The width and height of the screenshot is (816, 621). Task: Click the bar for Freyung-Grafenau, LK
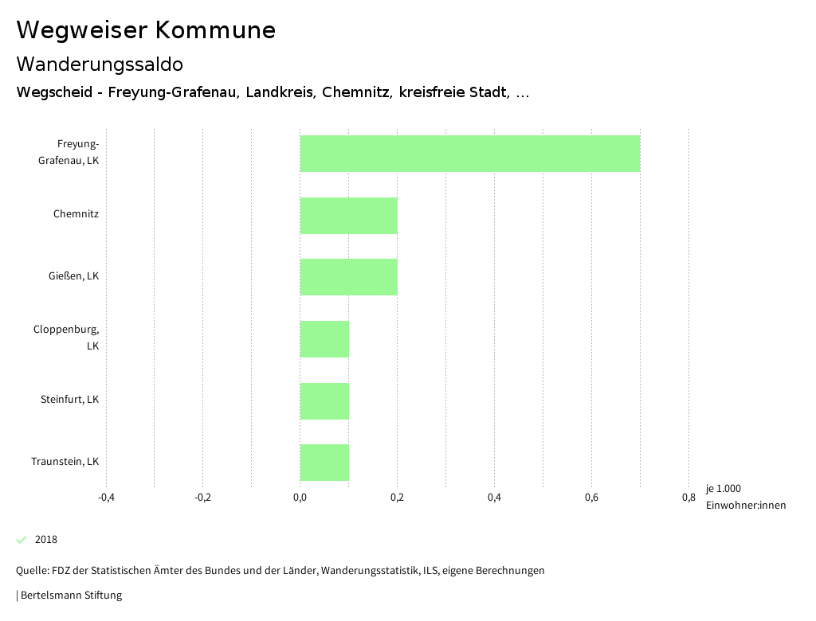coord(470,154)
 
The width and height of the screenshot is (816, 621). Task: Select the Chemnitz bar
coord(348,215)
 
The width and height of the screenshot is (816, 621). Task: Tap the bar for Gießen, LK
coord(348,277)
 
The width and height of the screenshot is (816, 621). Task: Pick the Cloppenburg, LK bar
coord(324,339)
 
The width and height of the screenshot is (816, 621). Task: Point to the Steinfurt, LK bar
coord(324,400)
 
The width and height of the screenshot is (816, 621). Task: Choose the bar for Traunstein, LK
coord(324,463)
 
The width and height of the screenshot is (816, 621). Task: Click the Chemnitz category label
coord(76,214)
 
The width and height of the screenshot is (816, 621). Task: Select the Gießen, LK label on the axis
coord(73,276)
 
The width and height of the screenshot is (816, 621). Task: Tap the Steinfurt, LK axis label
coord(69,400)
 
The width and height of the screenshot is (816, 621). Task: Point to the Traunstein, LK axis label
coord(65,462)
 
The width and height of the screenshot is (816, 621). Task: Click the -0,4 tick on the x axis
coord(106,498)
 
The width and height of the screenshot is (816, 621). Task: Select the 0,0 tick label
coord(300,498)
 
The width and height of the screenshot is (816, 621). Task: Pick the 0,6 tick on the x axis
coord(591,498)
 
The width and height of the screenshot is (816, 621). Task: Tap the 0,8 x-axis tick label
coord(688,498)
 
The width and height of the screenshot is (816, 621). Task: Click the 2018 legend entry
coord(46,540)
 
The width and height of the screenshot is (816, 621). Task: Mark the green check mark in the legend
coord(22,540)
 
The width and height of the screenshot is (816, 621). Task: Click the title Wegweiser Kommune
coord(146,30)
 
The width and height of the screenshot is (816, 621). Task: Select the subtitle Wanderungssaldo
coord(100,64)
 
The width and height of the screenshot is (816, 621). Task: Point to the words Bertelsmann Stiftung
coord(71,596)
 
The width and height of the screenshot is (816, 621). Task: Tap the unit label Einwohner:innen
coord(745,506)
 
